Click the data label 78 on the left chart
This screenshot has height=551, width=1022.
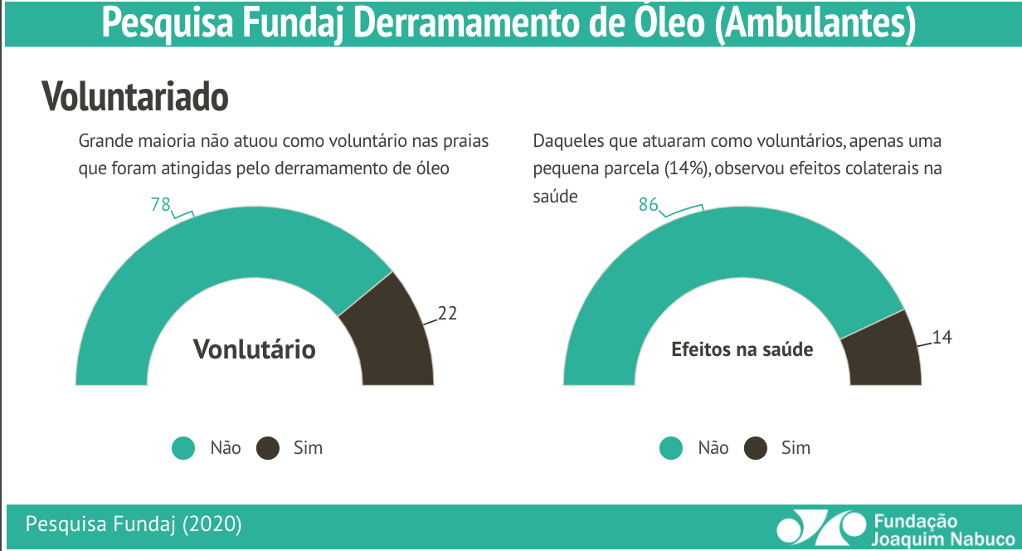(160, 204)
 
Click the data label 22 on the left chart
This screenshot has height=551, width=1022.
(447, 313)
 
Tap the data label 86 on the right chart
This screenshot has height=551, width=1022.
(648, 204)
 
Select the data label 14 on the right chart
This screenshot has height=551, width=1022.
(942, 337)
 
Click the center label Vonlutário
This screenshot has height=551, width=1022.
(255, 349)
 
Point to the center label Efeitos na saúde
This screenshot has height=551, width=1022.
(742, 349)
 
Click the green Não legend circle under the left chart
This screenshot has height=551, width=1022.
(183, 448)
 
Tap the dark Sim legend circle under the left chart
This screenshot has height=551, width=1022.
(268, 448)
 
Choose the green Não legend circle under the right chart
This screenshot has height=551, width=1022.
(671, 448)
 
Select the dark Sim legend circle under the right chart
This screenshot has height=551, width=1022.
(756, 448)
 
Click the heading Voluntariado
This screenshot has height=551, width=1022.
(135, 97)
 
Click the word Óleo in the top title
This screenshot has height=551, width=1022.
(660, 24)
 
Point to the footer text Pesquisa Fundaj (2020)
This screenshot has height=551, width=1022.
(134, 524)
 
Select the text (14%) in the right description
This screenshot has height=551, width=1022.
(686, 168)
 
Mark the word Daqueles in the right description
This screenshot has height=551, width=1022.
(568, 141)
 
